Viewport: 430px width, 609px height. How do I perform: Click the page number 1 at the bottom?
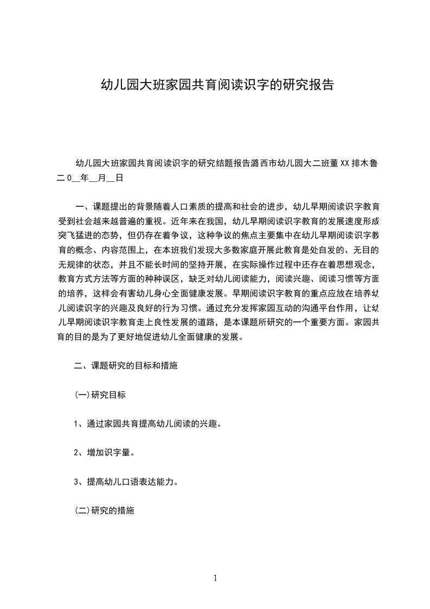click(215, 578)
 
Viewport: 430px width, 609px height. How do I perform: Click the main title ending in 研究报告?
click(215, 85)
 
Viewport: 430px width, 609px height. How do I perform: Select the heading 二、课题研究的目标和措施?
click(126, 366)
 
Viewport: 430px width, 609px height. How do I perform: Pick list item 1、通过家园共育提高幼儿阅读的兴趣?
click(147, 424)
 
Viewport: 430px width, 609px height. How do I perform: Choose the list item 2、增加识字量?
click(103, 453)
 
